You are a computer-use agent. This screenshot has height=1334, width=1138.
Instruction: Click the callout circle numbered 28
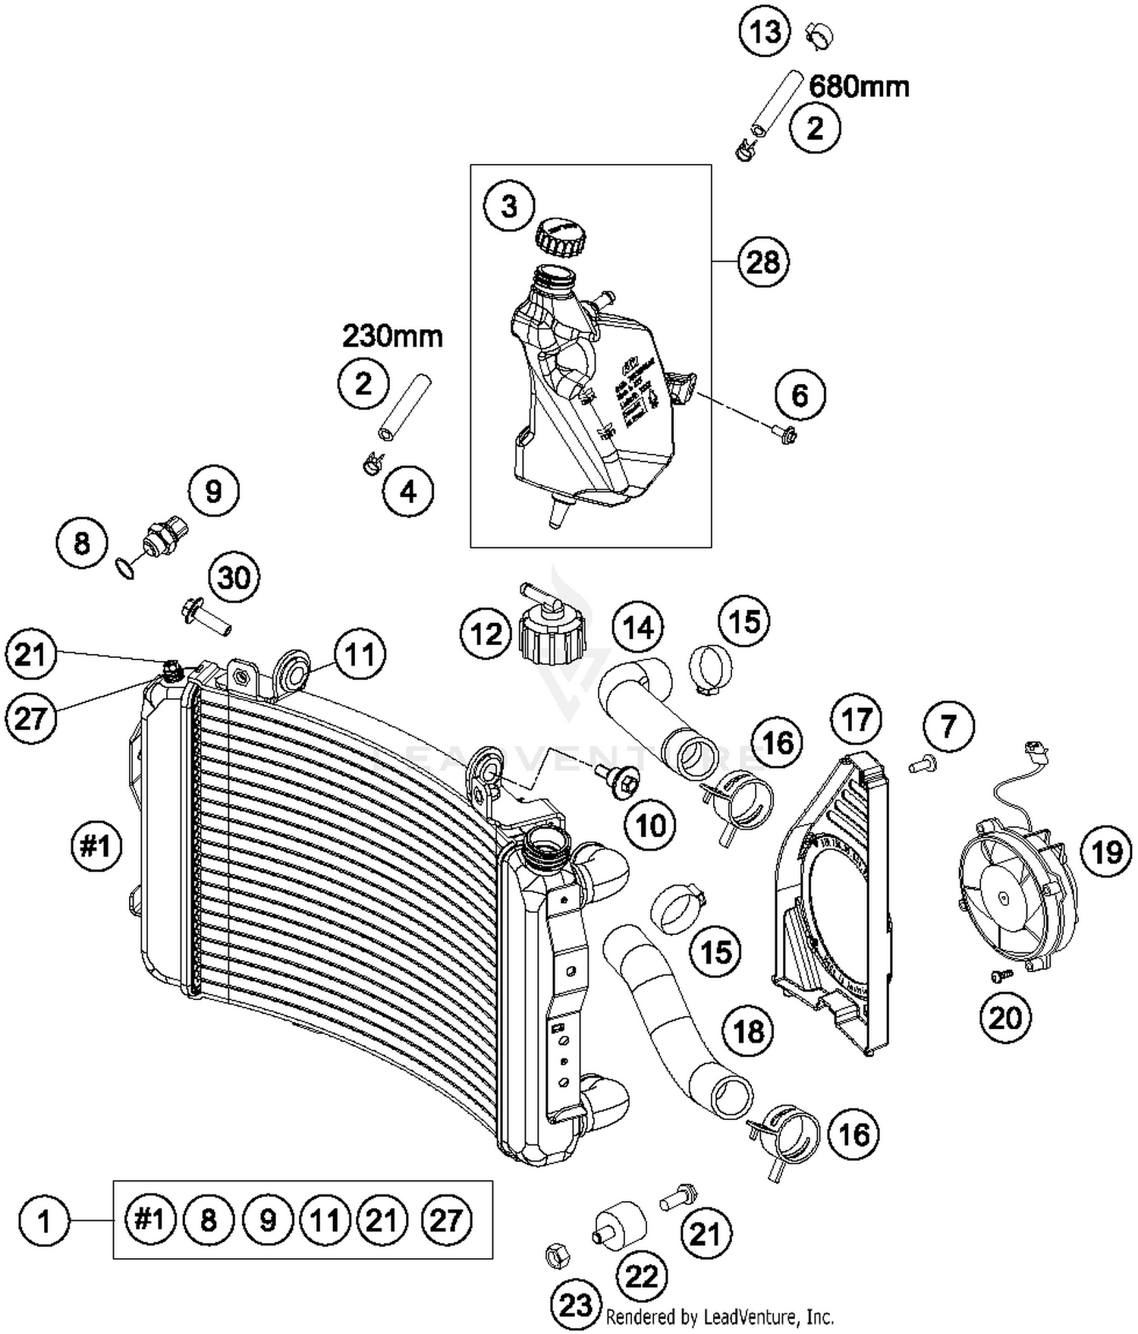[x=763, y=263]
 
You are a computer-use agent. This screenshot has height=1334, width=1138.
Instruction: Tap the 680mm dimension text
[x=859, y=87]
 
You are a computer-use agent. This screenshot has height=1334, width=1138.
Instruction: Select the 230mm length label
[x=392, y=335]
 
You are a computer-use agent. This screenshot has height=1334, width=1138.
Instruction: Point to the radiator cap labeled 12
[x=552, y=628]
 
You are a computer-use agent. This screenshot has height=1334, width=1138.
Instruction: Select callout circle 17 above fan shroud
[x=857, y=719]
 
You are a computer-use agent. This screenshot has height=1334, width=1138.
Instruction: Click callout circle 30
[x=234, y=577]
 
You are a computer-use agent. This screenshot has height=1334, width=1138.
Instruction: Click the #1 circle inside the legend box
[x=149, y=1220]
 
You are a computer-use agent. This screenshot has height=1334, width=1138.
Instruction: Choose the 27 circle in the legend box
[x=445, y=1220]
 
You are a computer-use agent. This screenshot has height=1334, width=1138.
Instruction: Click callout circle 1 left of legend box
[x=44, y=1222]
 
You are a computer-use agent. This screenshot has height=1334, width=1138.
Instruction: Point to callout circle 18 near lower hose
[x=748, y=1030]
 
